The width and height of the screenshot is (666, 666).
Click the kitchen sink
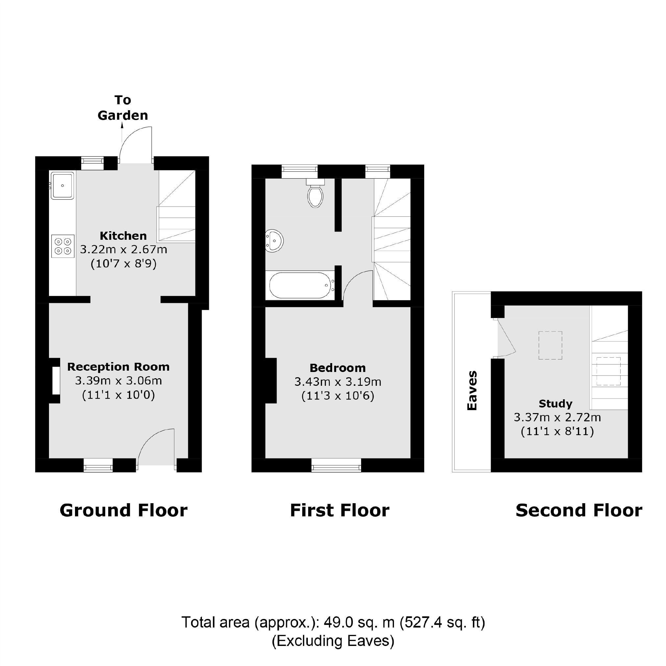(x=62, y=185)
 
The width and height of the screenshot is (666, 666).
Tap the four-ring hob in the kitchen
(x=63, y=246)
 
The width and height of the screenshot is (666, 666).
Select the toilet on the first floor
(x=315, y=195)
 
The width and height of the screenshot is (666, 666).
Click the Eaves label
(x=472, y=391)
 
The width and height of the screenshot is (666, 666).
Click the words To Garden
(x=123, y=108)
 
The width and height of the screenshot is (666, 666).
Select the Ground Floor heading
(x=123, y=510)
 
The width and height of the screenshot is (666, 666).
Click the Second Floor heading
(x=579, y=510)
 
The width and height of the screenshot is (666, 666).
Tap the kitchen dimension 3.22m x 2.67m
(x=123, y=250)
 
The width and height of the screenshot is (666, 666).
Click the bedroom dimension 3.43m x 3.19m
(x=337, y=382)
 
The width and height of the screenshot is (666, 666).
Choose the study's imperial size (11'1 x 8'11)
(x=557, y=432)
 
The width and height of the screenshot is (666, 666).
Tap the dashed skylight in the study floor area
(x=550, y=345)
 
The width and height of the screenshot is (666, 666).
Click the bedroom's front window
(x=336, y=465)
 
